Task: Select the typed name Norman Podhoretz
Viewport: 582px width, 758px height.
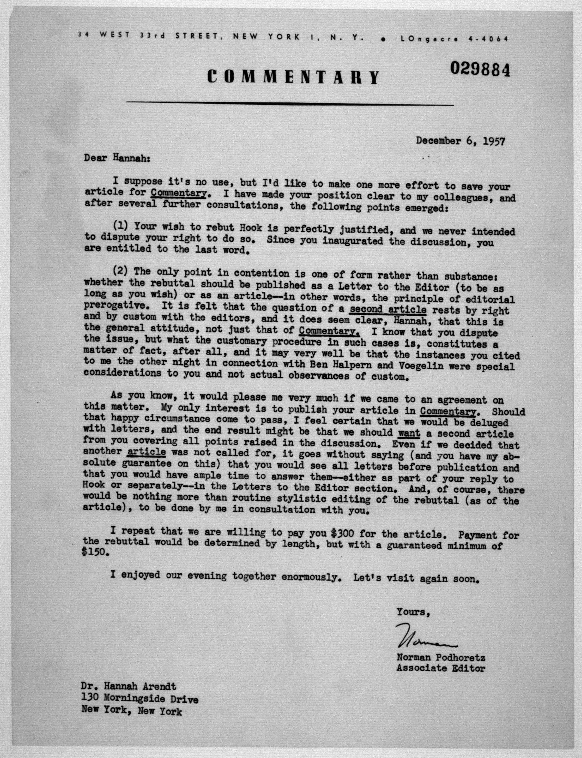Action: [x=441, y=657]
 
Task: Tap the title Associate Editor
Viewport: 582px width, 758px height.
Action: [x=441, y=668]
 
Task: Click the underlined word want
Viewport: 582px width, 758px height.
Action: [x=409, y=433]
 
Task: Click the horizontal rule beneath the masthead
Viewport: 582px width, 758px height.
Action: [x=290, y=103]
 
